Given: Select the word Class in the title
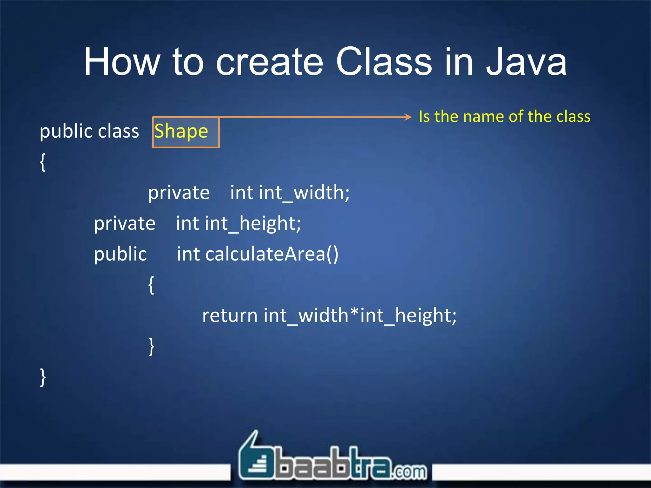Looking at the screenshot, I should point(384,62).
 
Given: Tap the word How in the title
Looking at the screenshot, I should point(122,62).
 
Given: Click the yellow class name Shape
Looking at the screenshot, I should point(181,131).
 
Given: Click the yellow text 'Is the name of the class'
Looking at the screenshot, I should point(504,116).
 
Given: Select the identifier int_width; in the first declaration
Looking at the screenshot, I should point(304,193).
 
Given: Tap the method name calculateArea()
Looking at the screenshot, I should point(272,254).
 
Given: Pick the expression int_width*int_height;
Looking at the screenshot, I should point(360,315).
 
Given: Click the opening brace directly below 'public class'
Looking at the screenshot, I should point(43,162).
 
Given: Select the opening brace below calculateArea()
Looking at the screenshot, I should point(151,285).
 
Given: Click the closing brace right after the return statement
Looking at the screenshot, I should point(151,346).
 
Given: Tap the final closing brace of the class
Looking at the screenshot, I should point(43,377).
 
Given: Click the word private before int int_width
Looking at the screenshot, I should point(179,193).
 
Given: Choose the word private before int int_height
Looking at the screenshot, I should point(125,223).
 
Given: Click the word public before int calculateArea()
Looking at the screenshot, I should point(120,254).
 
